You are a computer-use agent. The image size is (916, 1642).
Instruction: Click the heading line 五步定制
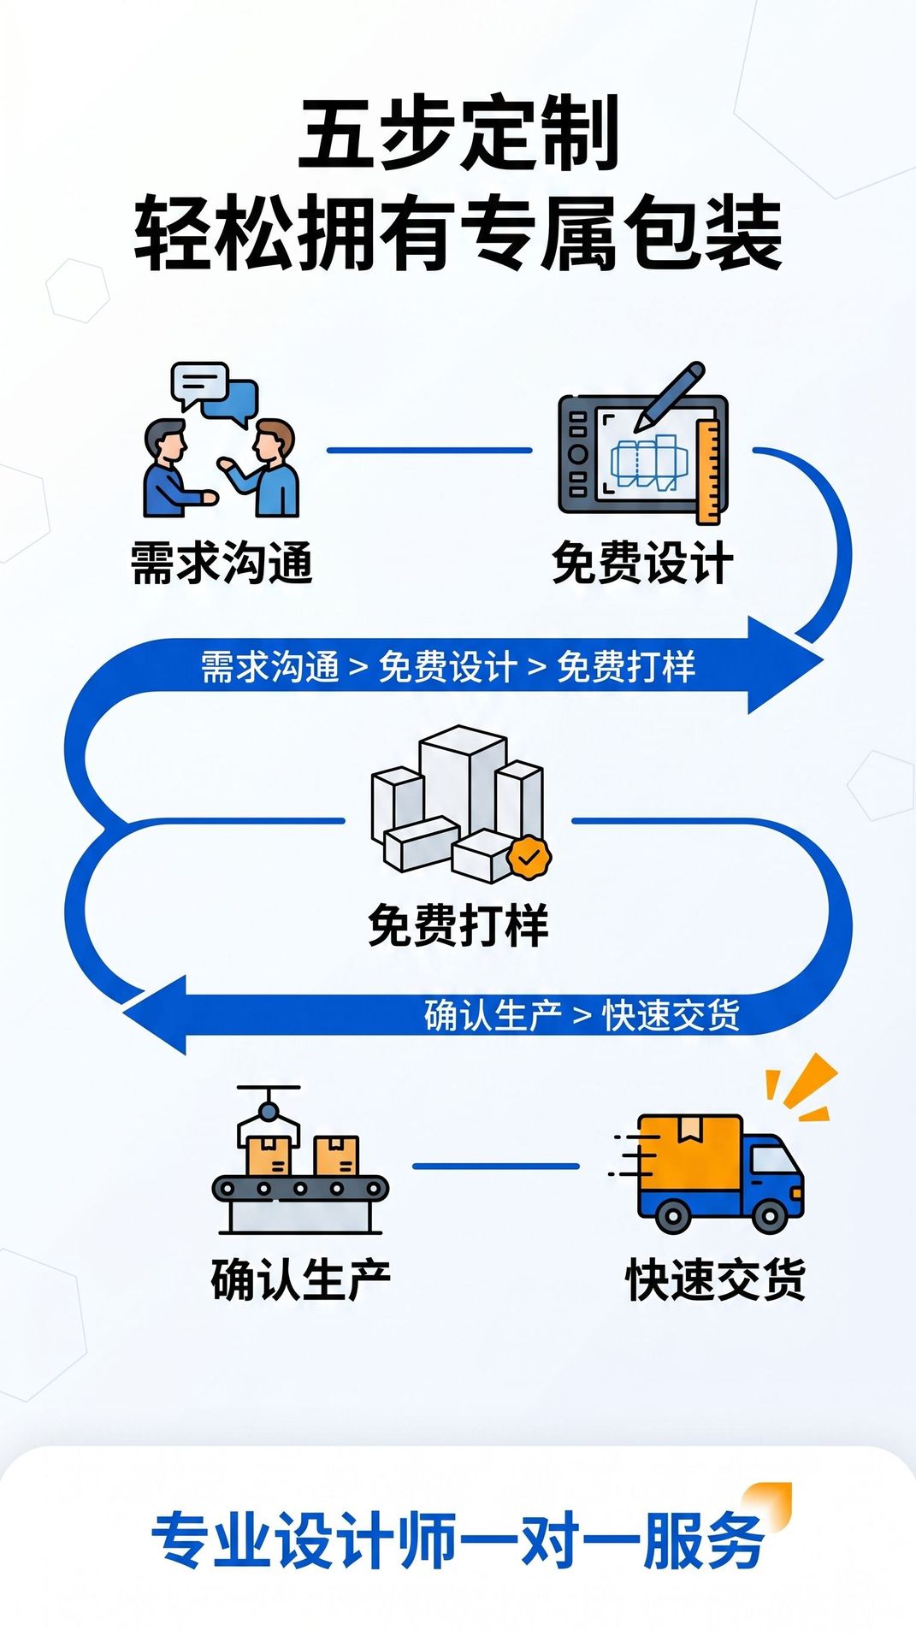point(458,133)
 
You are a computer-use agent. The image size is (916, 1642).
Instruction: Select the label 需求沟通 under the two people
point(222,563)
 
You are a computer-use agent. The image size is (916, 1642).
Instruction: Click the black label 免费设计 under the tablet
point(642,563)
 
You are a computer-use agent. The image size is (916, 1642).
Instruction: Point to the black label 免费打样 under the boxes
point(458,924)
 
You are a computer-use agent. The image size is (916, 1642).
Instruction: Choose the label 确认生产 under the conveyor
point(301,1279)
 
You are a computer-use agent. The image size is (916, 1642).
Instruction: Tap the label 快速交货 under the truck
point(716,1279)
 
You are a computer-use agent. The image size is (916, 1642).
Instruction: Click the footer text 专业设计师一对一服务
point(458,1540)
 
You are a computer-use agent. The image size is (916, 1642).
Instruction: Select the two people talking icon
point(221,466)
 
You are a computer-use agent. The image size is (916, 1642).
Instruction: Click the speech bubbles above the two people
point(214,393)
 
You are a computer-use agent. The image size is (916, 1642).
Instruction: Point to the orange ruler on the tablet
point(709,470)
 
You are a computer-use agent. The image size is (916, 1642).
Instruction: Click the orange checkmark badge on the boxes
point(529,856)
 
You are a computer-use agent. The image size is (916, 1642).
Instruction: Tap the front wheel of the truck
point(770,1214)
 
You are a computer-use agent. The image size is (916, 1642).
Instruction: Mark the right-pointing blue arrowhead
point(784,664)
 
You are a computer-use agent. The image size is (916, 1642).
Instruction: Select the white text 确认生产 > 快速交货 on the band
point(582,1015)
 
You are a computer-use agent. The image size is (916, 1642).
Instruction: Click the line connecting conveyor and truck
point(496,1166)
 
